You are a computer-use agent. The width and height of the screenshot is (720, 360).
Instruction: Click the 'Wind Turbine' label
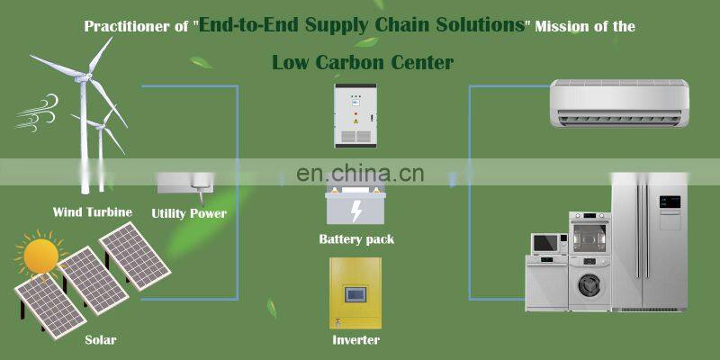pyautogui.click(x=92, y=212)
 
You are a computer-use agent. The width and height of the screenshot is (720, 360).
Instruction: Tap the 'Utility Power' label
pyautogui.click(x=188, y=213)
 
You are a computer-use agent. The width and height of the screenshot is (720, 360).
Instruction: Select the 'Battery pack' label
pyautogui.click(x=356, y=239)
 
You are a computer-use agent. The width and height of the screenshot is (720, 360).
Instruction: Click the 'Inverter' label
pyautogui.click(x=355, y=340)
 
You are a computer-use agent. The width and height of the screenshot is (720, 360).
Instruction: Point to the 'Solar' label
pyautogui.click(x=100, y=340)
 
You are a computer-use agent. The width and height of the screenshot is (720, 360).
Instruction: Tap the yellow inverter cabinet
pyautogui.click(x=355, y=293)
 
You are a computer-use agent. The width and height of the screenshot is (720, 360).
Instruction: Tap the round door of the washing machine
pyautogui.click(x=589, y=281)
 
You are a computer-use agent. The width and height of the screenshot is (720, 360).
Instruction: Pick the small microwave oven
pyautogui.click(x=548, y=243)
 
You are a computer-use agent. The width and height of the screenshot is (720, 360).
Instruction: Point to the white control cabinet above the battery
pyautogui.click(x=354, y=114)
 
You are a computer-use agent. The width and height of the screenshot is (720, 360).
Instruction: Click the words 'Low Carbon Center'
pyautogui.click(x=362, y=62)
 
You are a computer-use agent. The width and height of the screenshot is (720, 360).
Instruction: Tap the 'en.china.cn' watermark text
pyautogui.click(x=360, y=172)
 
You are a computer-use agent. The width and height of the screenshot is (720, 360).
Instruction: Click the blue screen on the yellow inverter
pyautogui.click(x=355, y=292)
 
